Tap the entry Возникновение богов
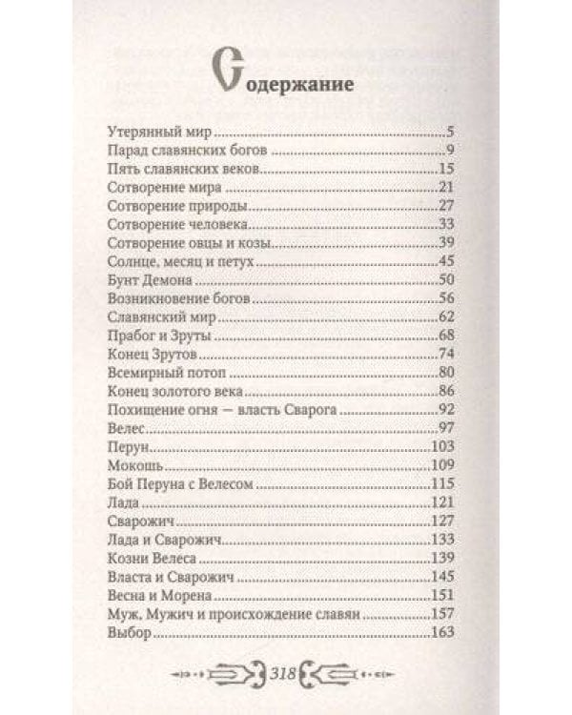(180, 297)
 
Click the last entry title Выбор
(131, 632)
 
